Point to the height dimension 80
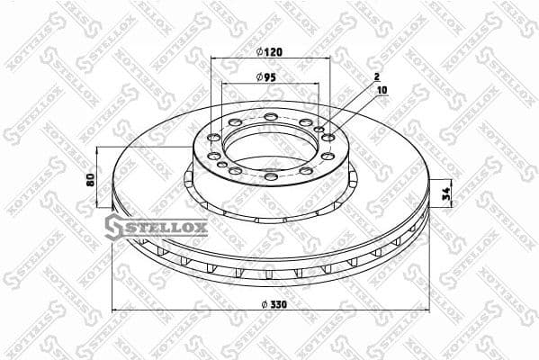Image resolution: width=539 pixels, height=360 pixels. pos(90,178)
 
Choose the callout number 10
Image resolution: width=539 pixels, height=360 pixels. pos(382,91)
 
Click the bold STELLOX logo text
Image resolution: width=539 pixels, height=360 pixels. pos(165,226)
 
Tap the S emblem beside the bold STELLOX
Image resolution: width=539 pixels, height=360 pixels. pos(113,227)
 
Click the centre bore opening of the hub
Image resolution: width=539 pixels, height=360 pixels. pos(270,144)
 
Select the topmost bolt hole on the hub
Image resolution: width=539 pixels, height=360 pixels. pos(271,117)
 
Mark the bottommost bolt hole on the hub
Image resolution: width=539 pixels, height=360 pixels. pos(271,176)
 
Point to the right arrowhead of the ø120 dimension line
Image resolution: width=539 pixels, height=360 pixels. pos(329,58)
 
